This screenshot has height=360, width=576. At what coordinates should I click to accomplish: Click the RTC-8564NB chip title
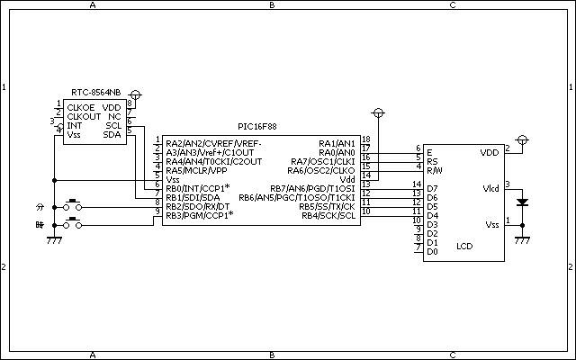pyautogui.click(x=96, y=92)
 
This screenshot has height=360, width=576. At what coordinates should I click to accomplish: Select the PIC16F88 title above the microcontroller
pyautogui.click(x=257, y=127)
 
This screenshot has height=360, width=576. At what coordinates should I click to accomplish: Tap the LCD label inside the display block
pyautogui.click(x=464, y=246)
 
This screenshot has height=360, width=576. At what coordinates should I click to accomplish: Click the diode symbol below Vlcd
pyautogui.click(x=522, y=202)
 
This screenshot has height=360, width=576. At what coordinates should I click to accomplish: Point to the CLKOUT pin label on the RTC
pyautogui.click(x=84, y=117)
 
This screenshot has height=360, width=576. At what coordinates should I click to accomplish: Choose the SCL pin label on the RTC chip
pyautogui.click(x=113, y=126)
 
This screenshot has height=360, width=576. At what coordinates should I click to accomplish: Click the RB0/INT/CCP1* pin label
pyautogui.click(x=198, y=188)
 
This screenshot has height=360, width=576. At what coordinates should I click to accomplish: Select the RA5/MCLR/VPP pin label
pyautogui.click(x=196, y=170)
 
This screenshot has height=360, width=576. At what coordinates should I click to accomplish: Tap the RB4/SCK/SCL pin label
pyautogui.click(x=328, y=216)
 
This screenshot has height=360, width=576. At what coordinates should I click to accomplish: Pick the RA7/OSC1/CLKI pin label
pyautogui.click(x=323, y=162)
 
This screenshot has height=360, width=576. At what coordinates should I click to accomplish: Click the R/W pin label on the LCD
pyautogui.click(x=435, y=170)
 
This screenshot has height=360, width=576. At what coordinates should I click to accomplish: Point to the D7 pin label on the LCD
pyautogui.click(x=432, y=188)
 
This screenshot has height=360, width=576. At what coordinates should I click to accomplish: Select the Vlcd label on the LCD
pyautogui.click(x=490, y=188)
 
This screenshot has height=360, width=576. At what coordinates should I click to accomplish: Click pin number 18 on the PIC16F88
pyautogui.click(x=366, y=139)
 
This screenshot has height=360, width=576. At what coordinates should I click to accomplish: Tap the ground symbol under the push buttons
pyautogui.click(x=54, y=240)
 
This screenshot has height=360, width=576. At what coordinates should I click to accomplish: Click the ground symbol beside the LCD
pyautogui.click(x=522, y=240)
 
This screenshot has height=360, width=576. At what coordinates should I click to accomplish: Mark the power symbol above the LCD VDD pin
pyautogui.click(x=522, y=140)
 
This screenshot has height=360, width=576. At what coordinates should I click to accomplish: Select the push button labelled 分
pyautogui.click(x=73, y=205)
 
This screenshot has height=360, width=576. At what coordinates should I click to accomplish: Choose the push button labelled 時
pyautogui.click(x=73, y=223)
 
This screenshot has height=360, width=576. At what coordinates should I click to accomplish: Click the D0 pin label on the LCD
pyautogui.click(x=432, y=252)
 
